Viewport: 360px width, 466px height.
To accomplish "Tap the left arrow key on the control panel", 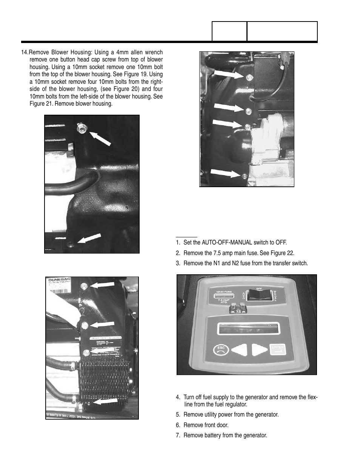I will click(239, 350).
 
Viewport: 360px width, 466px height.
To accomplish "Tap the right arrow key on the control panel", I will click(259, 350).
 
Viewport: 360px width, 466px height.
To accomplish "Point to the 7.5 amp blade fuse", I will click(237, 311).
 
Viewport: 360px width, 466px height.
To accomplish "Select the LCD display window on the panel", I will click(248, 328).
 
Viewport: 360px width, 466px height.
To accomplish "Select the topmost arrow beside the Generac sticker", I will click(102, 285).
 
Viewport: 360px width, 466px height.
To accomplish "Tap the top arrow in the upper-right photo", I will click(229, 74).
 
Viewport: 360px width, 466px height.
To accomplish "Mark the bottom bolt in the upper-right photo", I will click(245, 176).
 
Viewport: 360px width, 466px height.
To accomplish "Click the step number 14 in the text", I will click(25, 52).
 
